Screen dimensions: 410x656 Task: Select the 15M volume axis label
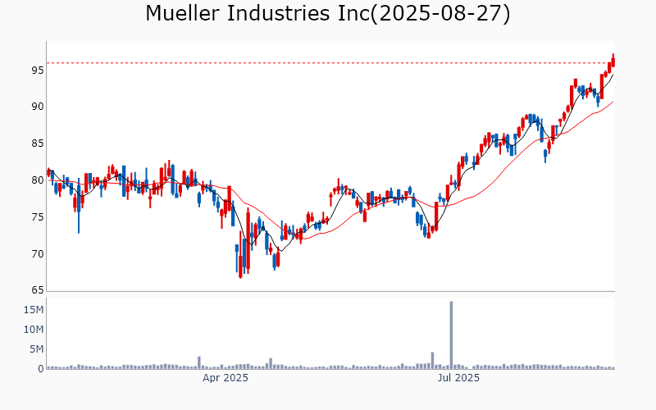click(34, 310)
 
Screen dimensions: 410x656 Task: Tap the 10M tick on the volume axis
click(34, 330)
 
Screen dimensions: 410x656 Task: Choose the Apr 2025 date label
click(225, 378)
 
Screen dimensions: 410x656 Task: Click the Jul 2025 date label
click(458, 378)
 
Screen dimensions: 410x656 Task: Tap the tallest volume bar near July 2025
click(451, 336)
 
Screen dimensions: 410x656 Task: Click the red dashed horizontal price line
click(328, 62)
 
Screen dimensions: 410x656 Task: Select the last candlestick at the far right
click(613, 61)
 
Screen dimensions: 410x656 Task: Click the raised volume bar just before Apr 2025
click(199, 362)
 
